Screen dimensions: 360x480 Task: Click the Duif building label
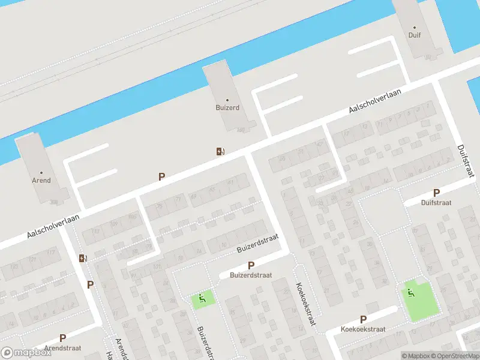pyautogui.click(x=415, y=35)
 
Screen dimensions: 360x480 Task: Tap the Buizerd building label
pyautogui.click(x=227, y=107)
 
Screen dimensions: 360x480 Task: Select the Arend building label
pyautogui.click(x=41, y=180)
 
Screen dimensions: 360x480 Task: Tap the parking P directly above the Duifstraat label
pyautogui.click(x=436, y=193)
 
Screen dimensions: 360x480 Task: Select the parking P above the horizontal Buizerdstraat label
pyautogui.click(x=251, y=265)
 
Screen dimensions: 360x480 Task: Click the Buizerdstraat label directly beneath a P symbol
pyautogui.click(x=251, y=275)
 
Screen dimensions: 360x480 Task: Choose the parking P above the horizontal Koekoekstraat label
pyautogui.click(x=363, y=319)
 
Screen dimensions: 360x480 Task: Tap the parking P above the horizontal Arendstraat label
pyautogui.click(x=62, y=338)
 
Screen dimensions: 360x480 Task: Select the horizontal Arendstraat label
pyautogui.click(x=62, y=347)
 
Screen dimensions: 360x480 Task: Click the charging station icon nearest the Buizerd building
pyautogui.click(x=221, y=151)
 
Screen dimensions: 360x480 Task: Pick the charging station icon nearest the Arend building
pyautogui.click(x=83, y=258)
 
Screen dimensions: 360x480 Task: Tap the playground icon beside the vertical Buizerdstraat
pyautogui.click(x=202, y=296)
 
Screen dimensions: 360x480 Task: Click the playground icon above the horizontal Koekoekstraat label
pyautogui.click(x=410, y=293)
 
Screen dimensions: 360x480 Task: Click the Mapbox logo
pyautogui.click(x=26, y=353)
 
